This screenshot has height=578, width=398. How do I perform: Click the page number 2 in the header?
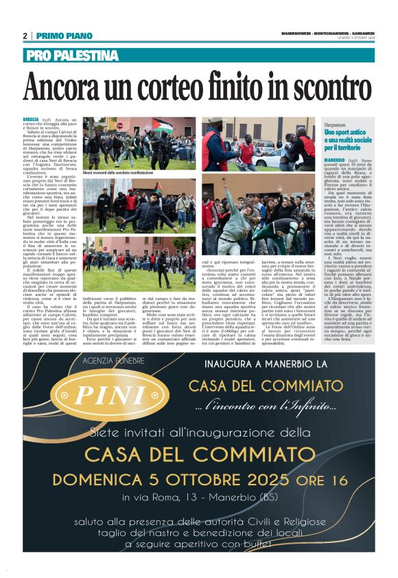[x=25, y=36]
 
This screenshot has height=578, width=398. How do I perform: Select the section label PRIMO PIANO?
[x=65, y=36]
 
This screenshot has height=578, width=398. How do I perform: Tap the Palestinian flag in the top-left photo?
[x=163, y=126]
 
